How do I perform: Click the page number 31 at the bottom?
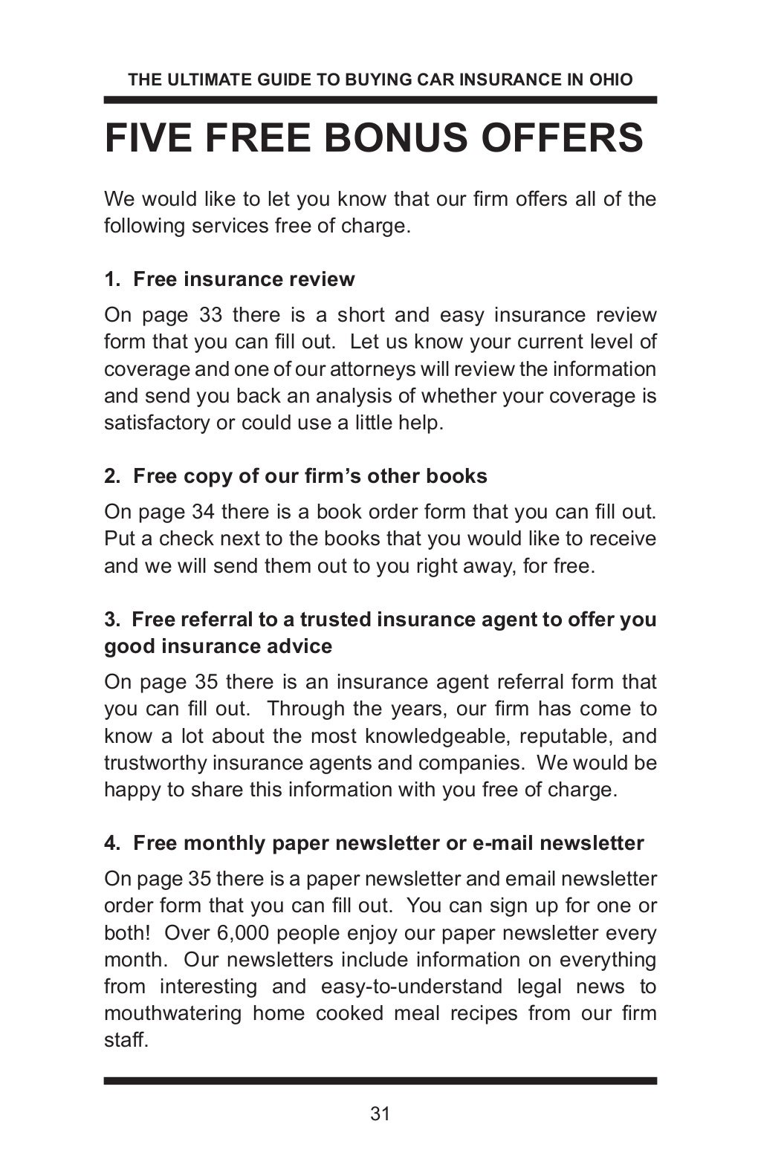pos(380,1114)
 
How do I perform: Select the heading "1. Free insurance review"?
pos(230,279)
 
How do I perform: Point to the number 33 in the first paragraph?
pos(211,315)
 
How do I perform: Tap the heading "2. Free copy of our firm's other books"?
pos(296,476)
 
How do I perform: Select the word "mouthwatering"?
pos(172,1013)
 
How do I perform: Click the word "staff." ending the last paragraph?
pos(126,1040)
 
